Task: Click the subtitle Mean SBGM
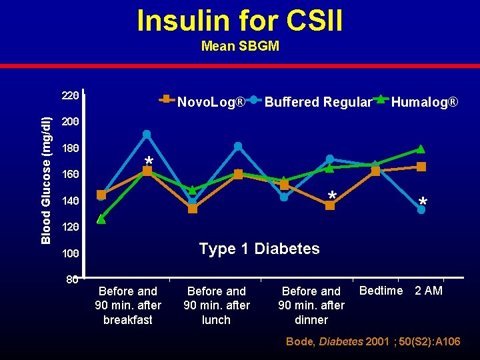coord(240,47)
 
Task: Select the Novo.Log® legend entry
coord(211,102)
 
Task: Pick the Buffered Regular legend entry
coord(317,102)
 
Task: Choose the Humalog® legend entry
coord(424,102)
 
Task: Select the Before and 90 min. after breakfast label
coord(128,305)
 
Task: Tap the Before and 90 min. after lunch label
coord(217,305)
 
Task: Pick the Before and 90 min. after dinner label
coord(311,305)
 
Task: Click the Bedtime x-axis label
coord(381,291)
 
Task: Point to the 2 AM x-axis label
coord(428,291)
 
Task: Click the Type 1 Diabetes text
coord(259,249)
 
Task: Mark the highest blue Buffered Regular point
coord(147,134)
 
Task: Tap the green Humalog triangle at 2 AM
coord(421,149)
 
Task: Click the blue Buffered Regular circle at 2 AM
coord(421,210)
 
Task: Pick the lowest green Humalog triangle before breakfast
coord(101,219)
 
